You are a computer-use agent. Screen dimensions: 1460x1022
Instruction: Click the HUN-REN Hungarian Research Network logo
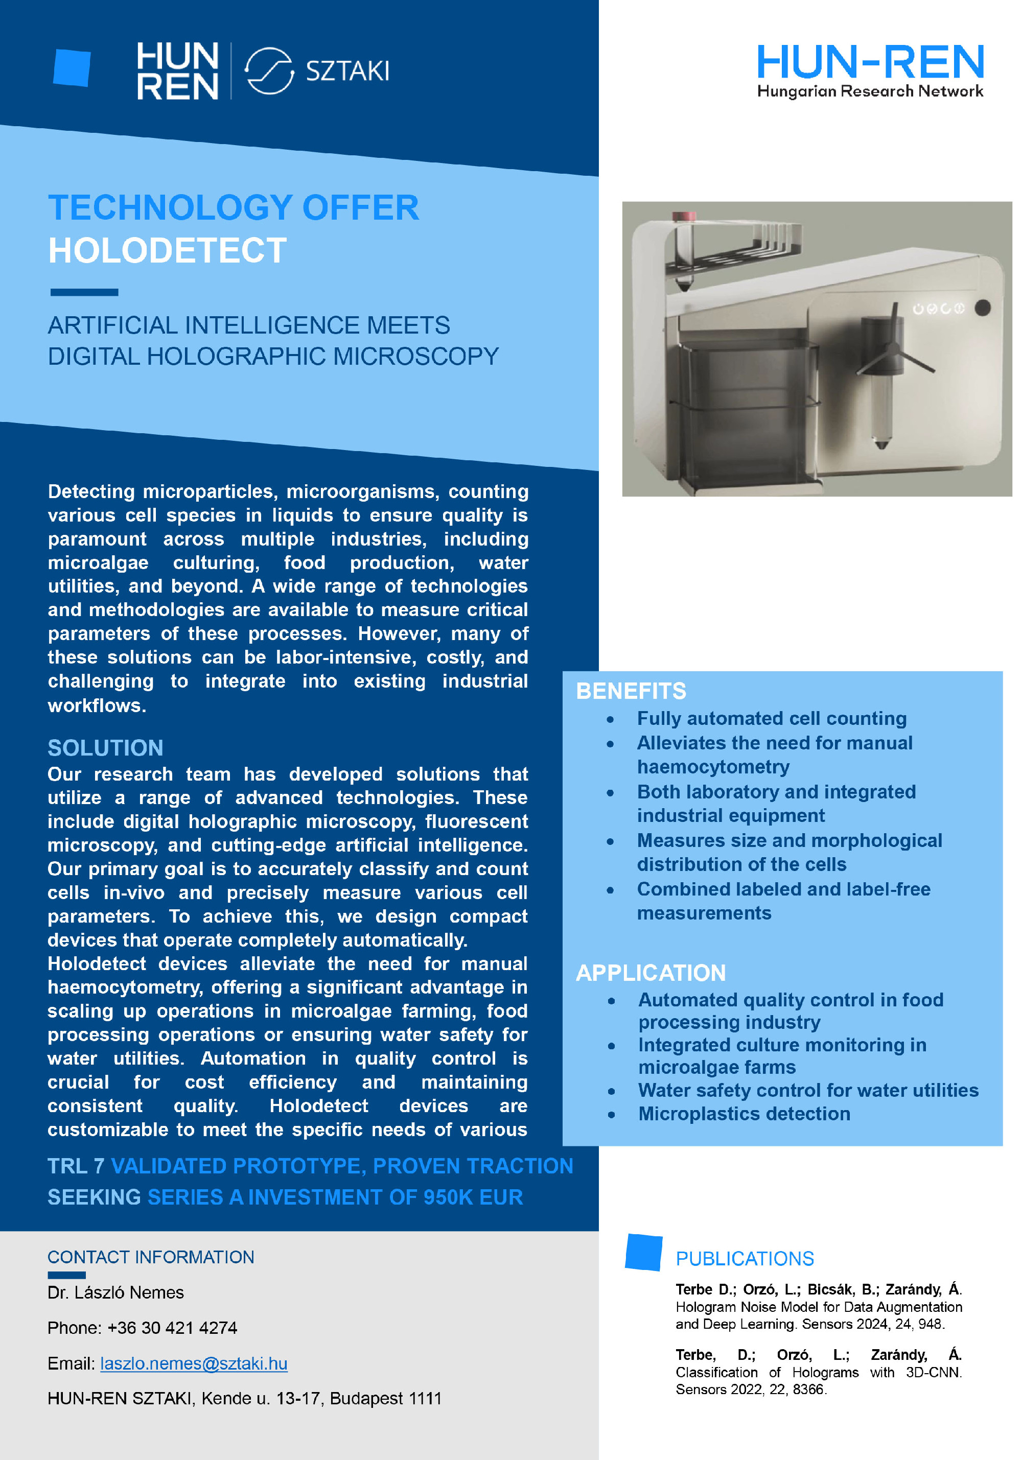(869, 70)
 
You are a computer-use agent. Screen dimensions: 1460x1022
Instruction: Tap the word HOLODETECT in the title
(167, 250)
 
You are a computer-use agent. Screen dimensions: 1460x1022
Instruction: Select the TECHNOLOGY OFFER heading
(234, 207)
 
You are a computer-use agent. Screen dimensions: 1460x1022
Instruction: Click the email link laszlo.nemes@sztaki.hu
(194, 1363)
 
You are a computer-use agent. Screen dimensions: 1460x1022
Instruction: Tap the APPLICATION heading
(651, 973)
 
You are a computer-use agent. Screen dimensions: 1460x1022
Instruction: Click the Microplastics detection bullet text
(744, 1114)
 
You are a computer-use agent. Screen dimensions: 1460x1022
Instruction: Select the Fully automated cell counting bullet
(772, 719)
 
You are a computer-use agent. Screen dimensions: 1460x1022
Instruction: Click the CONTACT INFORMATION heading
(151, 1257)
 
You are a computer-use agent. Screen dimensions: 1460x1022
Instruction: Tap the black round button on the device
(983, 308)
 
